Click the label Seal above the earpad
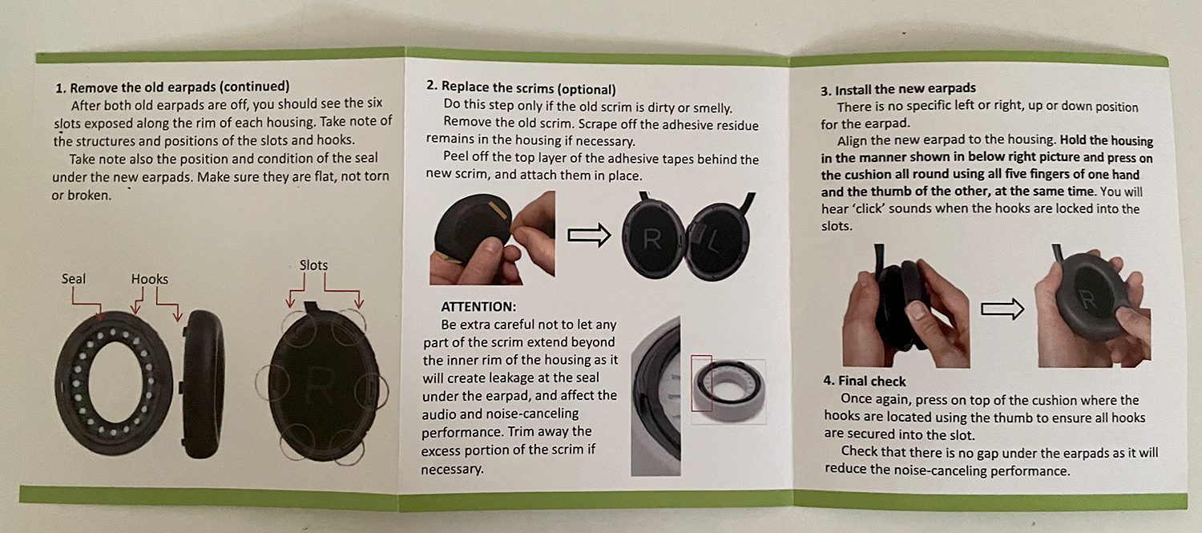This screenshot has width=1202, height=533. [x=73, y=279]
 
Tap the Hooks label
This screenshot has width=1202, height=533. [x=150, y=279]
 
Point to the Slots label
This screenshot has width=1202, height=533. [x=313, y=265]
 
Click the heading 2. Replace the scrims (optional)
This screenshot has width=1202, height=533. [x=521, y=88]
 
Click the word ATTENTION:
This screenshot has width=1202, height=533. [x=478, y=306]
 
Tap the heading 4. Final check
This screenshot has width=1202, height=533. [x=865, y=381]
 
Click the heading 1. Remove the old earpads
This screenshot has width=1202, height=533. [x=172, y=87]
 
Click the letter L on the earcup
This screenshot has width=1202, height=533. [x=712, y=244]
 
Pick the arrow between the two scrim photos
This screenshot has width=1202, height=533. [x=589, y=235]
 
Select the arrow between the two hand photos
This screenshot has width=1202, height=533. [x=1002, y=309]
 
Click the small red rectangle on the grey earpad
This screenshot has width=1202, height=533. [x=701, y=382]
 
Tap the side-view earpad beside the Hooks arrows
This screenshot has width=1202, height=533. [x=202, y=384]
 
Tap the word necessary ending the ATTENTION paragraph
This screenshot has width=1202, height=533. [x=452, y=469]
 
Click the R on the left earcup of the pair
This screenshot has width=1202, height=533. [x=651, y=240]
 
